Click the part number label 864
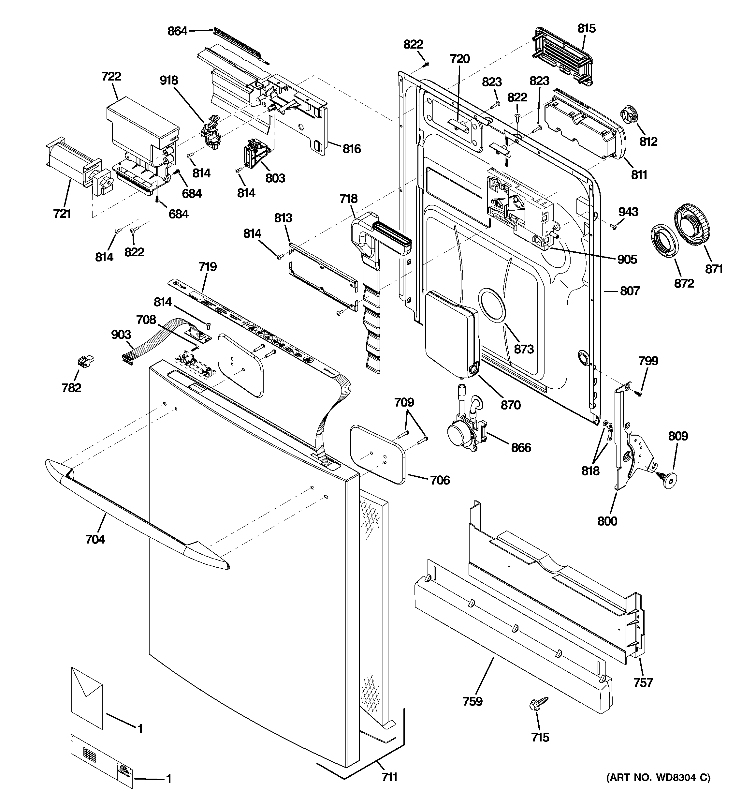point(177,31)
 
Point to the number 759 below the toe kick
point(472,701)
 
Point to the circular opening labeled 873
point(492,306)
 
